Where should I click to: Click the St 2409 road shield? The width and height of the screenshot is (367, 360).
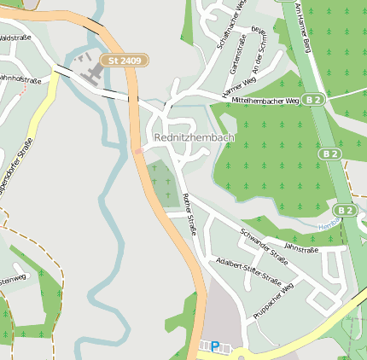125,61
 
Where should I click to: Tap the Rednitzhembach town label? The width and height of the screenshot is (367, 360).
194,136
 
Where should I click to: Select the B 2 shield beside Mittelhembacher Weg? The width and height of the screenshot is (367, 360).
315,100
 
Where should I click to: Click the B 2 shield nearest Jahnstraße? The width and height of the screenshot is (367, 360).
344,210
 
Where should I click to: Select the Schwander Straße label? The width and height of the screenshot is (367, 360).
264,242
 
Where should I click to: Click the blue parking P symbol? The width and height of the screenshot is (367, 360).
215,346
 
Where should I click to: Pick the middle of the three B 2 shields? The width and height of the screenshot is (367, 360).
330,154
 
